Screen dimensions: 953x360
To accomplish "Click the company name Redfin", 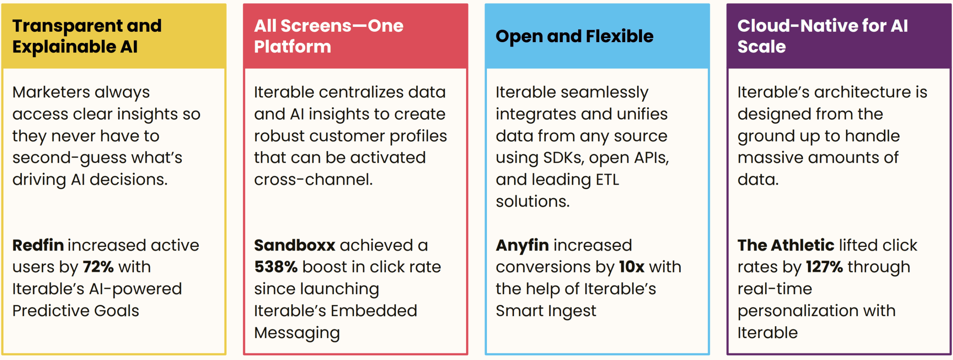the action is click(x=38, y=245).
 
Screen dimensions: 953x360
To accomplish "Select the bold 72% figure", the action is click(x=98, y=267).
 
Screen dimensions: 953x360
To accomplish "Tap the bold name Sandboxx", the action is click(x=295, y=245).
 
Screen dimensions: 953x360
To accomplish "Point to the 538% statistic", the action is click(x=276, y=267).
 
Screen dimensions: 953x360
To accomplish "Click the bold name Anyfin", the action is click(x=522, y=246).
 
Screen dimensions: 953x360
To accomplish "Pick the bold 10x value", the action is click(x=632, y=267).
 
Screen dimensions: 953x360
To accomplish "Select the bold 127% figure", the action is click(x=825, y=267).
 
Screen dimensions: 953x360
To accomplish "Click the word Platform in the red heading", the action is click(x=293, y=47).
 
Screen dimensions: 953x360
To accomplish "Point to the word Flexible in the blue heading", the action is click(x=619, y=36).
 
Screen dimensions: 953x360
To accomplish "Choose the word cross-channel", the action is click(x=313, y=179).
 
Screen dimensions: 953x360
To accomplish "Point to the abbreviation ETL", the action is click(x=608, y=179).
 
